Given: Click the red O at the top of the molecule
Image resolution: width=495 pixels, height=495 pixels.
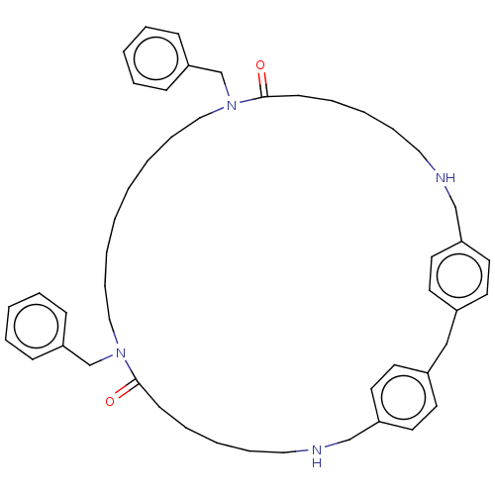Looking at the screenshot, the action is (x=260, y=65).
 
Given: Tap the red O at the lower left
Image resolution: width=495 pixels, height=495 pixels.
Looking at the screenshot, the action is (x=110, y=402).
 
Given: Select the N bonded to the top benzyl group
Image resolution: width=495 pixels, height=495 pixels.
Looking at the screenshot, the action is (x=232, y=106).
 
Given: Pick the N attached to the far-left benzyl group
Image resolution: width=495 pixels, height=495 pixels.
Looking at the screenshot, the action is (x=121, y=353).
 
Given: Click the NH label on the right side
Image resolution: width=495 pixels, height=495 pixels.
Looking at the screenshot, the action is (x=445, y=178).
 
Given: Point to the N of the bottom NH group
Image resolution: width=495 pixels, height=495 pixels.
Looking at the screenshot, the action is (x=317, y=449).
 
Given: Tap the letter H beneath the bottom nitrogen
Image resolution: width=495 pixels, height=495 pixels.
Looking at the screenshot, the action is (x=317, y=462).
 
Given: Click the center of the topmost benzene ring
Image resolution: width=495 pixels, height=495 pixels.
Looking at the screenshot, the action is (x=156, y=58).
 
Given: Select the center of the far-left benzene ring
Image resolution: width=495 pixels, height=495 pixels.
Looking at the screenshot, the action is (x=36, y=326).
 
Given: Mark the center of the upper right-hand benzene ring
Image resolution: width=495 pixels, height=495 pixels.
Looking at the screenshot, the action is (x=459, y=275).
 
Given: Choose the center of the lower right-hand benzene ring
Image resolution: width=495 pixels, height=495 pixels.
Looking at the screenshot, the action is (x=404, y=397).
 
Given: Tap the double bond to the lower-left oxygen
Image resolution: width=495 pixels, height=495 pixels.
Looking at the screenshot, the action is (x=127, y=390).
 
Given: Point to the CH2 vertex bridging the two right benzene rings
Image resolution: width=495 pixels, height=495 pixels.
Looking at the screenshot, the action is (x=446, y=344).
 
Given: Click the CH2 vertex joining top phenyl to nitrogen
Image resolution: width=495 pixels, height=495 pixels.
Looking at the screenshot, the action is (x=221, y=72).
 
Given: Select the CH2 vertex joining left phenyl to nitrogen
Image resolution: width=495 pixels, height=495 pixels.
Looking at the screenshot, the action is (x=90, y=365).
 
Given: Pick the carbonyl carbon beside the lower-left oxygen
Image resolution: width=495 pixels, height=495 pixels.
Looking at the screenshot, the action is (x=138, y=383).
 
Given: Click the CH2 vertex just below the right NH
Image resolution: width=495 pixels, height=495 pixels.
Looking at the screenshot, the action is (x=455, y=207).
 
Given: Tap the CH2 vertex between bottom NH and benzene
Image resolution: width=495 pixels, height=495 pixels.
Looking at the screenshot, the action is (x=349, y=440).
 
